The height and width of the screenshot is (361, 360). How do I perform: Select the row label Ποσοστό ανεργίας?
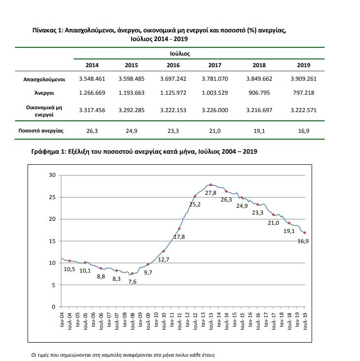pyautogui.click(x=44, y=130)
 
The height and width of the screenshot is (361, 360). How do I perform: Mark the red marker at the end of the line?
pyautogui.click(x=305, y=232)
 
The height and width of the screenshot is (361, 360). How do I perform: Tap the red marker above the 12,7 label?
pyautogui.click(x=164, y=251)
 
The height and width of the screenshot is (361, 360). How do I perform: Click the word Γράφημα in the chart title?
pyautogui.click(x=45, y=151)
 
